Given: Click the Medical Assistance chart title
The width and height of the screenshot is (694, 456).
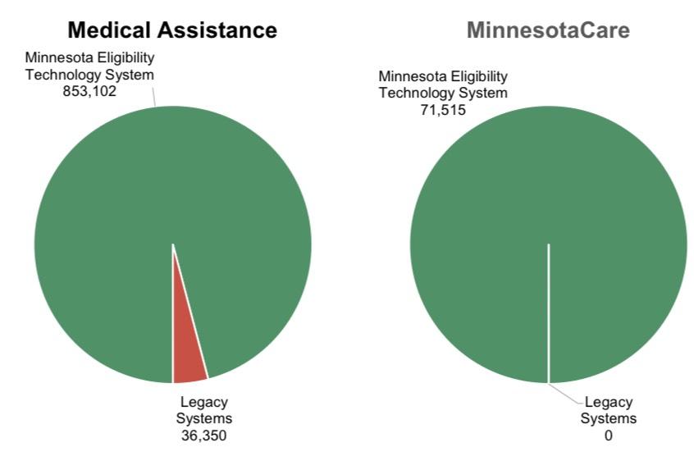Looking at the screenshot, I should point(171,30).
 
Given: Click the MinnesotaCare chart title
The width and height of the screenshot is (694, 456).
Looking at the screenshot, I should point(548,30).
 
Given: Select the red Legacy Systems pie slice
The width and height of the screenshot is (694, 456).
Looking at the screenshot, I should point(187,353).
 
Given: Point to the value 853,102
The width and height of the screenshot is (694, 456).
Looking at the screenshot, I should point(89,91).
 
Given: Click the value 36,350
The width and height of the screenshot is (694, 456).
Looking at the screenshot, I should point(203,435).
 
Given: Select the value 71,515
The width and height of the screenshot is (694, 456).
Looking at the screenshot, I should point(443,109).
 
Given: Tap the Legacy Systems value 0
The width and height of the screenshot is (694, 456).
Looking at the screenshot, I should point(608,435).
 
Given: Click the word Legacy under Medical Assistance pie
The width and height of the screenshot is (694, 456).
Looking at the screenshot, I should point(203,402).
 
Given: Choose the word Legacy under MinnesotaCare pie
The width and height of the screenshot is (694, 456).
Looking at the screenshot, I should point(609,403).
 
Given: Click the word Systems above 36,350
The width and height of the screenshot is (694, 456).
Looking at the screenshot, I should point(203,418).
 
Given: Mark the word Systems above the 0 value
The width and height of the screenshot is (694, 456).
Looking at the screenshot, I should point(609,419).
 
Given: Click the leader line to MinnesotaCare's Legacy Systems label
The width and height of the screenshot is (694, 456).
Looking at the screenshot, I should point(566,393).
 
